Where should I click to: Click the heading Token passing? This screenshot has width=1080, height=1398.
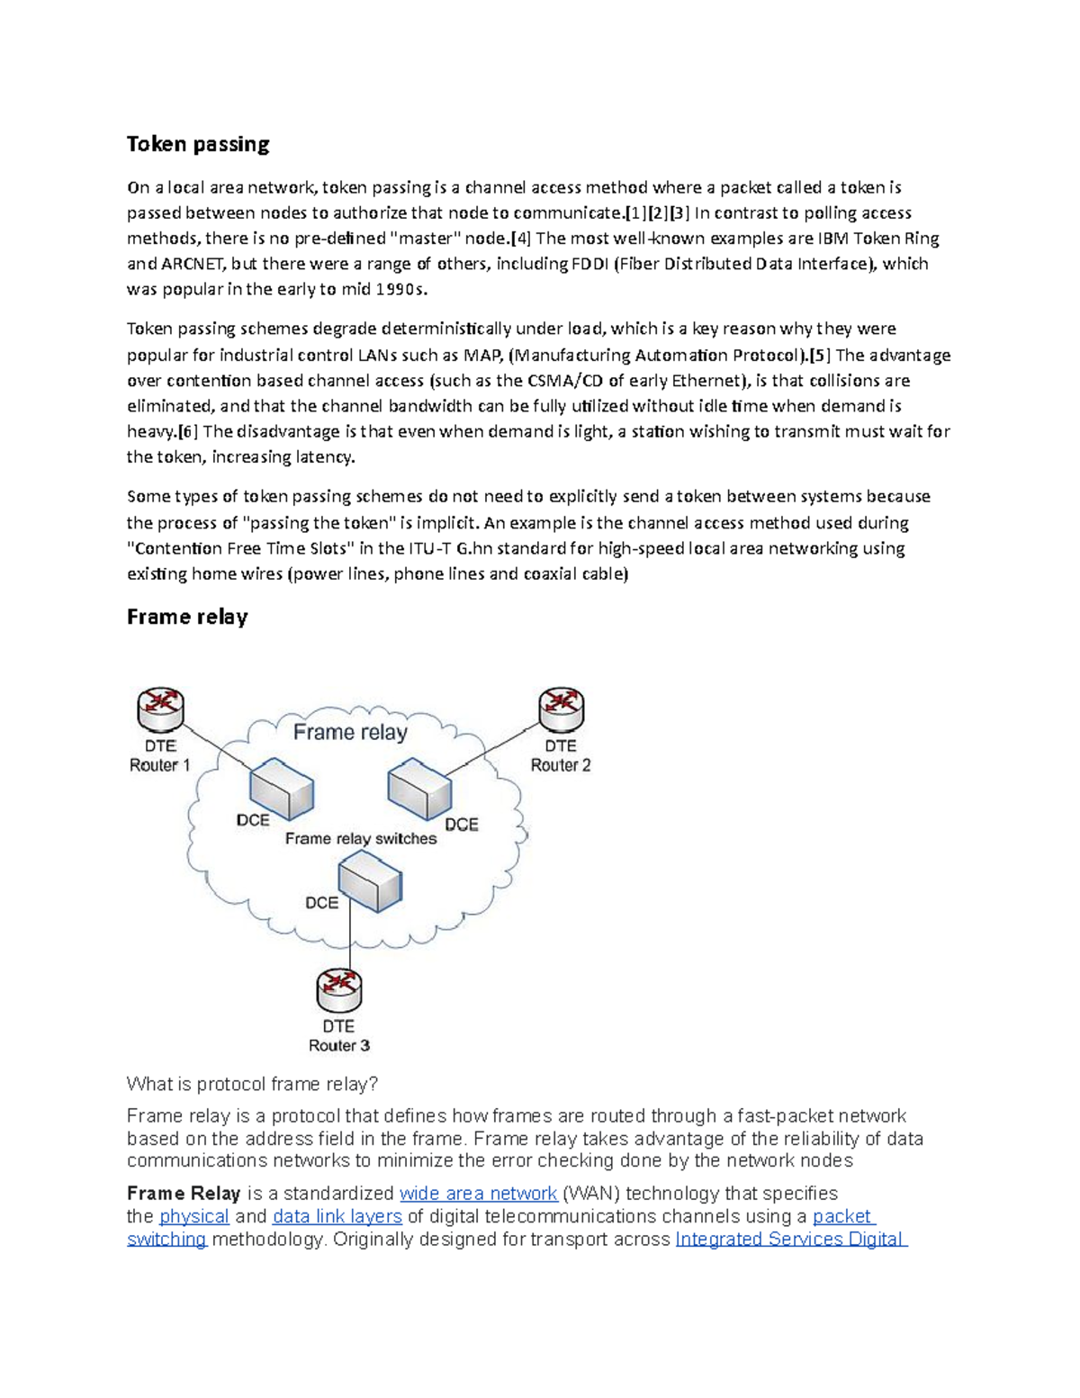[x=198, y=144]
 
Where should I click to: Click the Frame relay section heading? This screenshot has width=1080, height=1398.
[x=187, y=617]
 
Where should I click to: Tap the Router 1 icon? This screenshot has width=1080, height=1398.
[x=160, y=709]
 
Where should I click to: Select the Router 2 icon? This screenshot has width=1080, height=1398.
[x=562, y=709]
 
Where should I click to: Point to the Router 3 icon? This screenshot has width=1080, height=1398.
[x=339, y=990]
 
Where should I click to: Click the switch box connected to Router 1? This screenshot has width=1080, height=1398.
[x=282, y=789]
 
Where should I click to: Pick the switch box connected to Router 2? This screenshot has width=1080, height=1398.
[x=419, y=789]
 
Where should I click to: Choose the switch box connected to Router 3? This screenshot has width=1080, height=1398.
[x=369, y=882]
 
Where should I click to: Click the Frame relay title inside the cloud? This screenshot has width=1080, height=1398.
[x=350, y=732]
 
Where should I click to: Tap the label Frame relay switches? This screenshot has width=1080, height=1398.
[x=361, y=839]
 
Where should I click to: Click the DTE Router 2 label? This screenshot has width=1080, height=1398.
[x=561, y=756]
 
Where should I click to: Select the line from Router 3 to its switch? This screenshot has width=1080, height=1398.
[x=349, y=941]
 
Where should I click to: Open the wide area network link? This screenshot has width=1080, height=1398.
[x=478, y=1194]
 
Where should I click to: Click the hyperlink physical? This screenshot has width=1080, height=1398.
[x=194, y=1217]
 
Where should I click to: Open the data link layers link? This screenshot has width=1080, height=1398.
[x=337, y=1217]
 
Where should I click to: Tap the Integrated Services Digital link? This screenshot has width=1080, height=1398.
[x=790, y=1240]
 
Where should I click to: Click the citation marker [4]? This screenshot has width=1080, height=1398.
[x=521, y=239]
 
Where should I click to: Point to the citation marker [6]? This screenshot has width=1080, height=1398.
[x=187, y=431]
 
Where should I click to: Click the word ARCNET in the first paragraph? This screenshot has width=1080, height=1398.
[x=194, y=264]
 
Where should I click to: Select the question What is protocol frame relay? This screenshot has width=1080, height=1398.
[x=253, y=1084]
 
